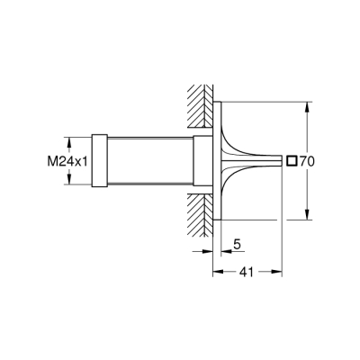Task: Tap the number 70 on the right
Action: (306, 162)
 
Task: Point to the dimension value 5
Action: (236, 242)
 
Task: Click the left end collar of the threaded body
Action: (100, 162)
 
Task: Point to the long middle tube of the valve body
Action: (149, 162)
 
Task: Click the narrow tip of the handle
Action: (270, 162)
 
